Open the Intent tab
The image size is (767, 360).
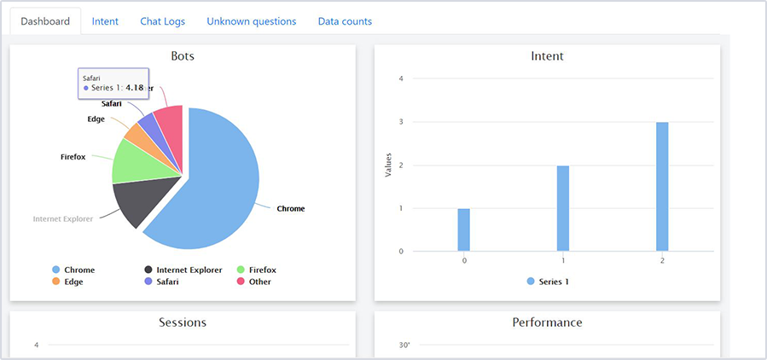(105, 21)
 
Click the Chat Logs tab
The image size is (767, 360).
(162, 21)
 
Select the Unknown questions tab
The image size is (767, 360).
(251, 21)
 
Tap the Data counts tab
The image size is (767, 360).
(345, 21)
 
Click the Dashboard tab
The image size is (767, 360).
(45, 21)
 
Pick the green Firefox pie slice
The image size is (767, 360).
(133, 161)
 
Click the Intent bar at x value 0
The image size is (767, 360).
(464, 229)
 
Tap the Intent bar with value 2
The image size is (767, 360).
(563, 208)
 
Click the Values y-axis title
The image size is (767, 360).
(389, 165)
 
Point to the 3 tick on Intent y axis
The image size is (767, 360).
(401, 122)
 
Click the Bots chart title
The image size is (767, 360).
(183, 56)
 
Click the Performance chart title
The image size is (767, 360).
(547, 322)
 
